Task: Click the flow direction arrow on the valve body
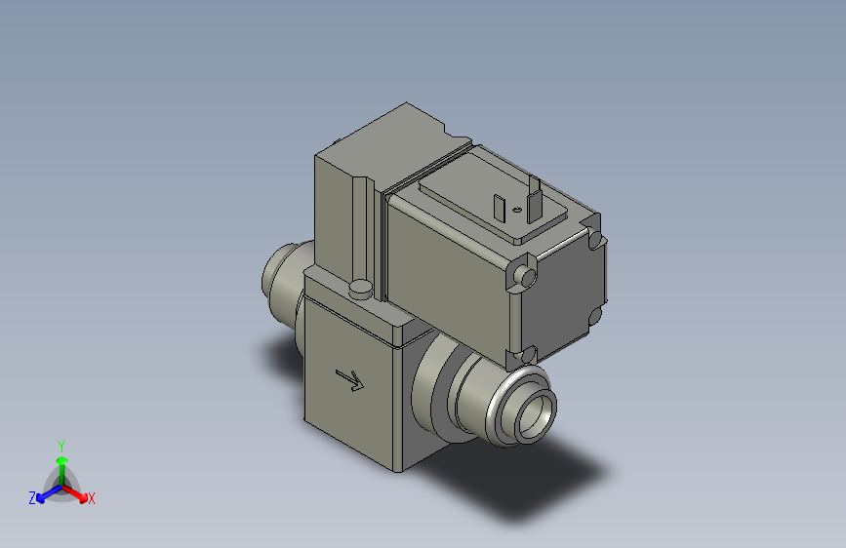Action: tap(348, 379)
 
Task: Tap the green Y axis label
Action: tap(60, 444)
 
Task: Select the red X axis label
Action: tap(92, 498)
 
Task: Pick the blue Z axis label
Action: tap(32, 498)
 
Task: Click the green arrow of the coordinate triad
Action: tap(60, 462)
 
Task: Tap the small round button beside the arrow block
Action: tap(360, 288)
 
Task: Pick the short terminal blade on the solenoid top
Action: tap(500, 209)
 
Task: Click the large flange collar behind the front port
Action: tap(429, 386)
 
